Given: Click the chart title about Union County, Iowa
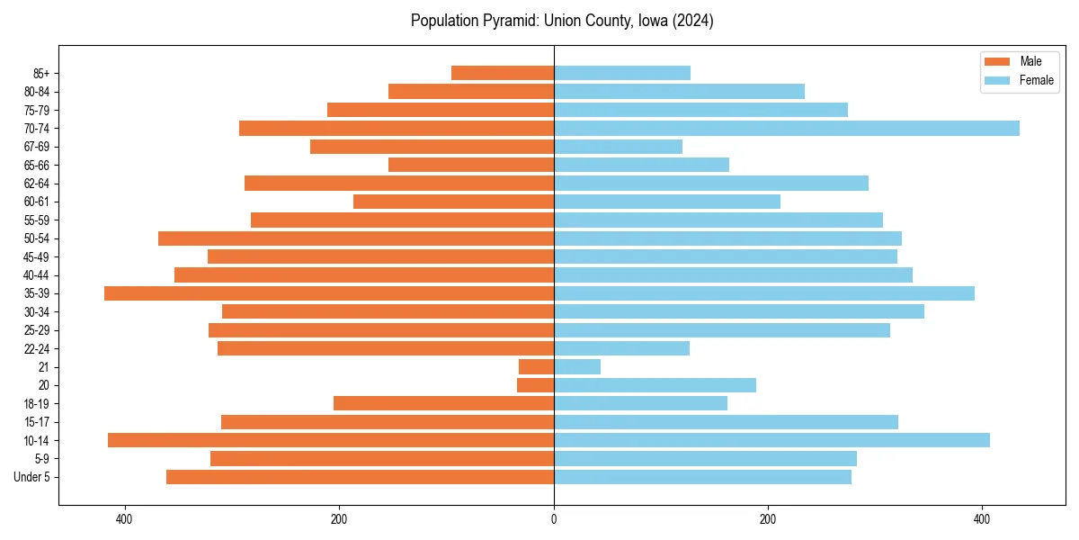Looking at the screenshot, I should pyautogui.click(x=562, y=21).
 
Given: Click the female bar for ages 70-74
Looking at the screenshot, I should pyautogui.click(x=787, y=128).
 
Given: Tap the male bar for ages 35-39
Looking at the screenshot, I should pyautogui.click(x=329, y=293).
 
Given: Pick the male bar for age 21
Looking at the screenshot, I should pyautogui.click(x=536, y=366).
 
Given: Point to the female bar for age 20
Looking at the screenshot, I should pyautogui.click(x=655, y=385).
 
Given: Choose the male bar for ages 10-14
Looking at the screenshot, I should pyautogui.click(x=331, y=440).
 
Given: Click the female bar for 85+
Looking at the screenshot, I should pyautogui.click(x=622, y=73).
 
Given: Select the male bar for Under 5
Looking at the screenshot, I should pyautogui.click(x=360, y=477).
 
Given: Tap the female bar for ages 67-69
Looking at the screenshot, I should pyautogui.click(x=618, y=147).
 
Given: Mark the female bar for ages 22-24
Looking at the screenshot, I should pyautogui.click(x=621, y=348).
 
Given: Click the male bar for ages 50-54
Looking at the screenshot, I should pyautogui.click(x=356, y=238).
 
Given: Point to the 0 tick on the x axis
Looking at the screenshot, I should pyautogui.click(x=554, y=519).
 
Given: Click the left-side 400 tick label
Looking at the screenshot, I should pyautogui.click(x=125, y=519).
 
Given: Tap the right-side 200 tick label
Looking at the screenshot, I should pyautogui.click(x=768, y=519).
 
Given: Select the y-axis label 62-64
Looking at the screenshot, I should pyautogui.click(x=37, y=184).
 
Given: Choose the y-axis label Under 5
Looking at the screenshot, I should pyautogui.click(x=32, y=477).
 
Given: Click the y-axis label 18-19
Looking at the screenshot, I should pyautogui.click(x=37, y=403).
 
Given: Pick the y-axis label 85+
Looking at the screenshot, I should pyautogui.click(x=41, y=73).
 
